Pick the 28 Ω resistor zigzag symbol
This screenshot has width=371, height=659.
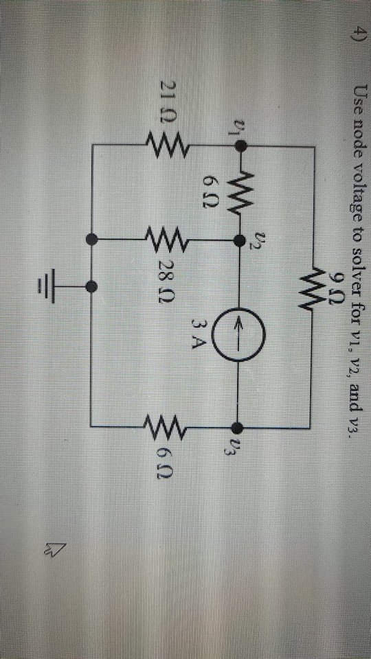tap(164, 240)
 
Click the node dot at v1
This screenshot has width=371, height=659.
tap(240, 146)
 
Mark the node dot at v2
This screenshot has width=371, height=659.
tap(239, 240)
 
